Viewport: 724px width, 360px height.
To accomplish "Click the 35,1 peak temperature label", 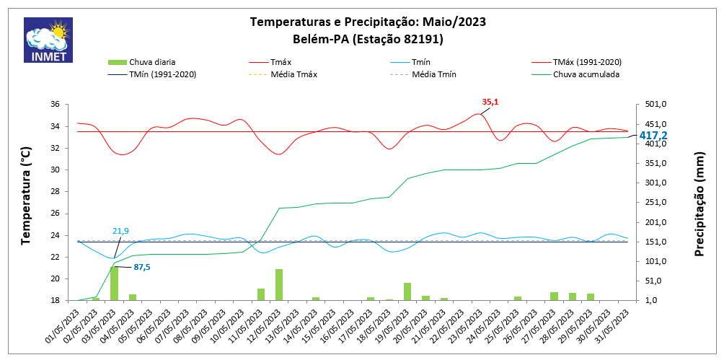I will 490,102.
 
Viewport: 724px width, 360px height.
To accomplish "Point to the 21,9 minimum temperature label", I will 120,231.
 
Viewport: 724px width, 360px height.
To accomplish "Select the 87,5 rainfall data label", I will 142,267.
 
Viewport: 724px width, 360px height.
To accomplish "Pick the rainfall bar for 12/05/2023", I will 279,284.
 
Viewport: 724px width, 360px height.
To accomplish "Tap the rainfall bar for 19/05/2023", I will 407,291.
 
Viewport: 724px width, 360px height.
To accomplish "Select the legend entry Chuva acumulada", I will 586,74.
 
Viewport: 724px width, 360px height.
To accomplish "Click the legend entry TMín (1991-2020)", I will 162,74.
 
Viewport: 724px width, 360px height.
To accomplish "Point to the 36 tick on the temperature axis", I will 55,105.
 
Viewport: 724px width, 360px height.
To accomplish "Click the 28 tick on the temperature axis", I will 55,192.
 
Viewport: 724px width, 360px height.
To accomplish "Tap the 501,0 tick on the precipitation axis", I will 654,105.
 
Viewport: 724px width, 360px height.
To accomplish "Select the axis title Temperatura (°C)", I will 26,196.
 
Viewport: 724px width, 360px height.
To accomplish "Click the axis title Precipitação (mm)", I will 699,203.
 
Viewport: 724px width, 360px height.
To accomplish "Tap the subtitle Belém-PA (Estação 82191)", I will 368,39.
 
